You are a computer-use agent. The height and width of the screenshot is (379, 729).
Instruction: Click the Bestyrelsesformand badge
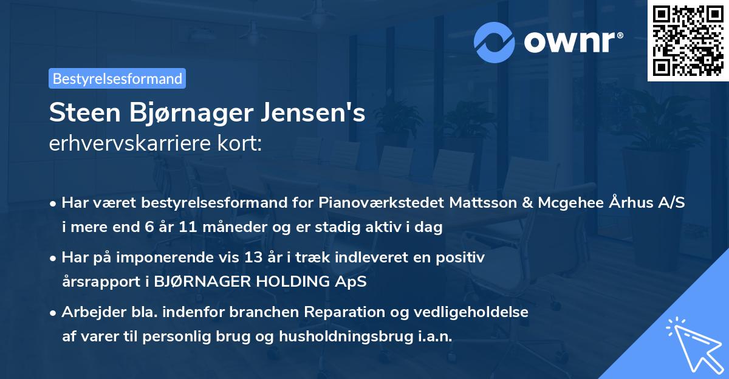[x=117, y=78]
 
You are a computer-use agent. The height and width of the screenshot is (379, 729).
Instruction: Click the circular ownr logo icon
[x=495, y=43]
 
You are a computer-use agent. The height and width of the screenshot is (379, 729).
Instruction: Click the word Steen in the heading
[x=83, y=113]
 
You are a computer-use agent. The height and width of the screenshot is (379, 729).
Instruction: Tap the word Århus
[x=628, y=202]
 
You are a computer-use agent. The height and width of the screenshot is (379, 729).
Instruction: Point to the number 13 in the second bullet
[x=268, y=258]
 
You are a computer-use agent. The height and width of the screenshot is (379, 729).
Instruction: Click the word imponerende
[x=186, y=258]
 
